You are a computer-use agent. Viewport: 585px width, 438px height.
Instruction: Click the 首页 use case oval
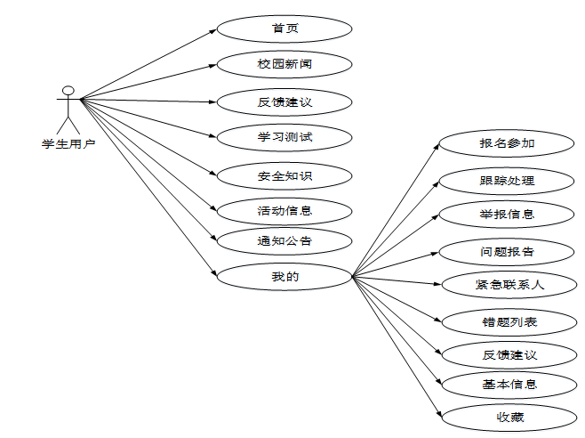pos(284,28)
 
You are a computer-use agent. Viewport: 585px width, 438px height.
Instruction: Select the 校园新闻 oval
pos(284,65)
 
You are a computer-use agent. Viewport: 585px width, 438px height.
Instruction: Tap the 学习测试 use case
pos(284,138)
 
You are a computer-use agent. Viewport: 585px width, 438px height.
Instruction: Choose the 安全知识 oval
pos(284,175)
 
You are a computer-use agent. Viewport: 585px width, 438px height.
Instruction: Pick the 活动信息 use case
pos(284,211)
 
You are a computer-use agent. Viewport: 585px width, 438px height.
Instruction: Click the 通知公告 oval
pos(284,240)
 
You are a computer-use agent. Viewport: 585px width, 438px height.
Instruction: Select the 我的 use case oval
pos(284,276)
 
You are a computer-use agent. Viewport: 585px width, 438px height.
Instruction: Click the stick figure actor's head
pos(68,90)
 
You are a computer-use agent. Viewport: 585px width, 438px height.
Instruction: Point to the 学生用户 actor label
pos(68,143)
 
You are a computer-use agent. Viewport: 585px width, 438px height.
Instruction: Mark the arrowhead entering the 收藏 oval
pos(438,414)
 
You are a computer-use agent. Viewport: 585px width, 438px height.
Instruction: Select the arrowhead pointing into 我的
pos(213,273)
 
